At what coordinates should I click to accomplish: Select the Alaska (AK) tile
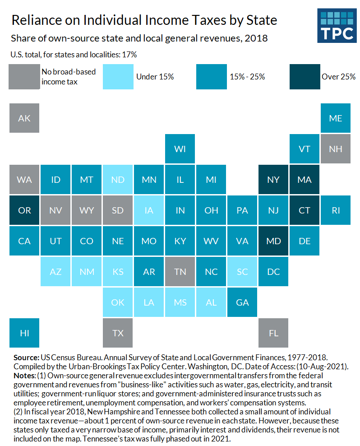pos(24,118)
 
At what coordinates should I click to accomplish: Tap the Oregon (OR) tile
pos(24,210)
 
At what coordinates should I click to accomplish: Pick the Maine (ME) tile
pos(336,118)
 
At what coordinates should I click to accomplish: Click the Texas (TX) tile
pos(118,333)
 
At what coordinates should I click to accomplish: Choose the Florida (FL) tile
pos(273,333)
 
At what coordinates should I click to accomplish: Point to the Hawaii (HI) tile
pos(24,333)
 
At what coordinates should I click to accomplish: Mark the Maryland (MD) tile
pos(273,241)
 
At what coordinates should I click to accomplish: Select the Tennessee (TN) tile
pos(180,271)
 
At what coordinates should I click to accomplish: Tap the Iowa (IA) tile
pos(149,210)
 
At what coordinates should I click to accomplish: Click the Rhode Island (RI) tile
pos(336,210)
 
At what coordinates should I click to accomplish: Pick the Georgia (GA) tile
pos(242,302)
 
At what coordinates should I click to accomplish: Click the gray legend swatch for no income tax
pos(24,76)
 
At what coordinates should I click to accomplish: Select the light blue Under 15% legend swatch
pos(118,76)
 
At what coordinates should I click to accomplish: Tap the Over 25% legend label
pos(338,76)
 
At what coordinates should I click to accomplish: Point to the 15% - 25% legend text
pos(247,76)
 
